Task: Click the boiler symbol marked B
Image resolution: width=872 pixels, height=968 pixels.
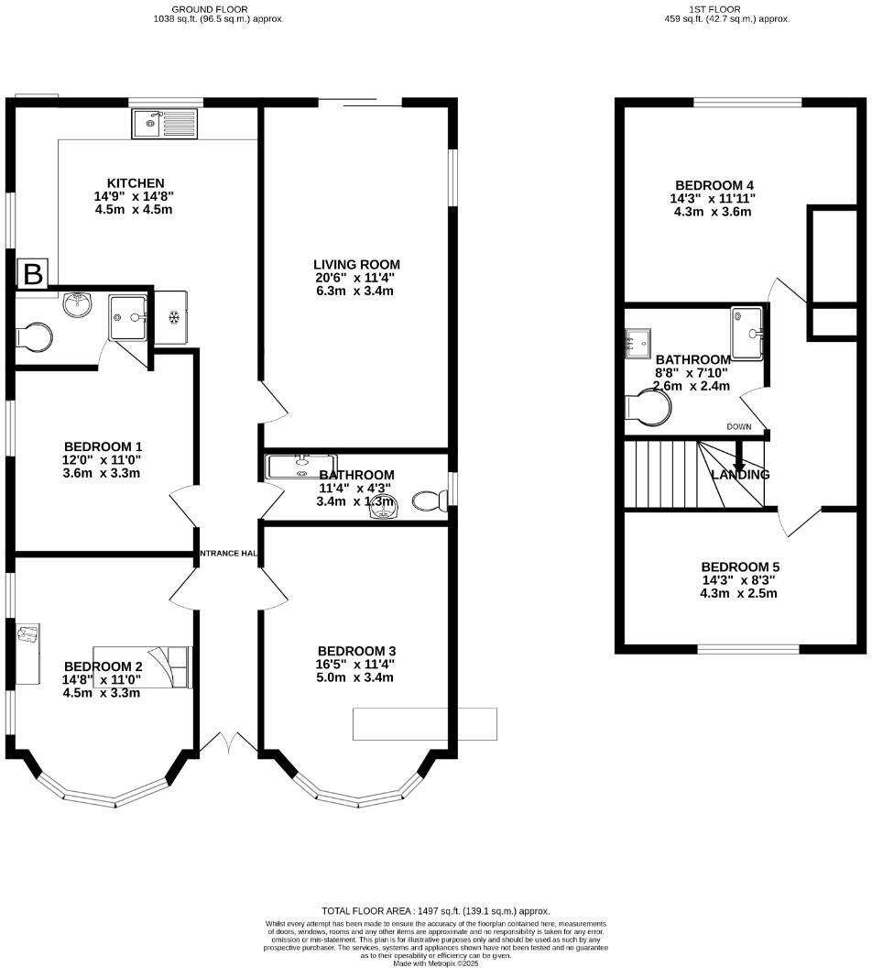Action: pos(34,273)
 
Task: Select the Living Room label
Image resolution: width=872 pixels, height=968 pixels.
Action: pos(356,265)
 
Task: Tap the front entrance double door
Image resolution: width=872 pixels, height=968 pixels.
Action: pos(228,743)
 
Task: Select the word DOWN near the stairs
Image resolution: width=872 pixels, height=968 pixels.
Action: pos(739,427)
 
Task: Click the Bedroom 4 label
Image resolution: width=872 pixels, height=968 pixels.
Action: pos(712,184)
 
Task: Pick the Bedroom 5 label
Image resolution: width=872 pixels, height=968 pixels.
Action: pos(739,566)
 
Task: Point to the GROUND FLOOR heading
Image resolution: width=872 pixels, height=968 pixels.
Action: pos(218,7)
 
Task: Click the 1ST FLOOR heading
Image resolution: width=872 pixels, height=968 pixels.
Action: pos(726,7)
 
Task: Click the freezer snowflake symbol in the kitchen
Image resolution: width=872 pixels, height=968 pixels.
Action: pos(172,317)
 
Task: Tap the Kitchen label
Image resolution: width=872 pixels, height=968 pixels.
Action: pos(135,183)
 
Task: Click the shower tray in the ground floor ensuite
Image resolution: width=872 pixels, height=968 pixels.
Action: pos(128,317)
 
